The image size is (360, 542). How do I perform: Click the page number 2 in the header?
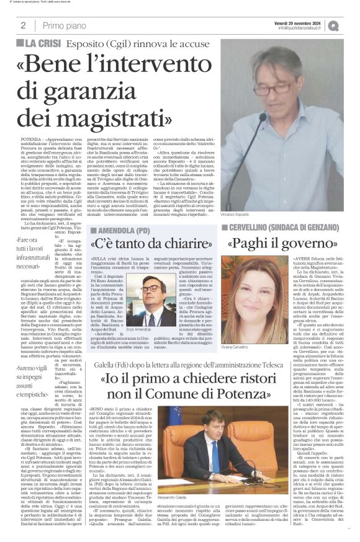[23, 25]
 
